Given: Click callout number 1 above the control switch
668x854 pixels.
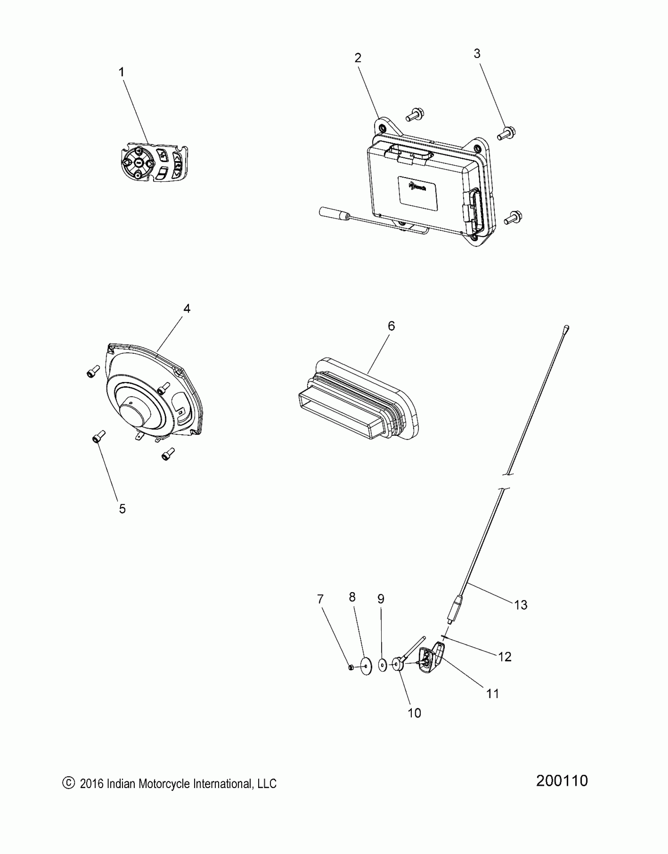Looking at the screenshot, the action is click(121, 72).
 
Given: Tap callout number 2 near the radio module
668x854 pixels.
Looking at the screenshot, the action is click(358, 58).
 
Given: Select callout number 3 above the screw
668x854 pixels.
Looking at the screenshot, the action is click(477, 54).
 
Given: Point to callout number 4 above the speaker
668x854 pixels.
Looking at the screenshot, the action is click(187, 309).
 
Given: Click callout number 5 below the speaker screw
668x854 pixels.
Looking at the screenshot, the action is click(122, 509).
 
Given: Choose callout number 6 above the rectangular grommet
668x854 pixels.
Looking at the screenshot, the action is click(391, 326).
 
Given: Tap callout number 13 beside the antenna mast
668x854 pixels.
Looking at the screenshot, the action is click(521, 605).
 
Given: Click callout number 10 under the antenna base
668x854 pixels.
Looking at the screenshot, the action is click(415, 713).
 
